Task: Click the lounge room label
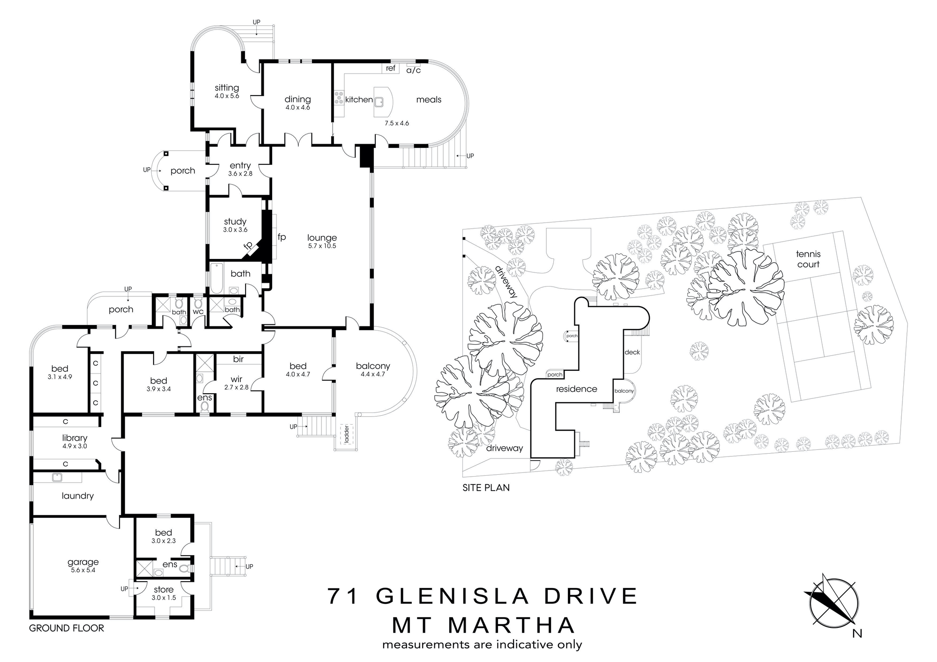(322, 238)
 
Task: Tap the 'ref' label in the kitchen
(391, 68)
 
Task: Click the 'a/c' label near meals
(414, 70)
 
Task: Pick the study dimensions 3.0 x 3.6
(235, 230)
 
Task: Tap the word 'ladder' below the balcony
(347, 434)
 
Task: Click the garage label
(83, 562)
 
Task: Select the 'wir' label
(237, 379)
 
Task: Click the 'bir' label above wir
(238, 359)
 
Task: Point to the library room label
(75, 438)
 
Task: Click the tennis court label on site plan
(808, 259)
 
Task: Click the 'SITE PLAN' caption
(486, 487)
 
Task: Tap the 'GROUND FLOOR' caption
(67, 628)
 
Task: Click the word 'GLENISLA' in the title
(453, 596)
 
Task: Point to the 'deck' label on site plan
(632, 352)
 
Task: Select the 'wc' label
(198, 311)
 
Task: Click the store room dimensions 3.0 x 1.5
(164, 598)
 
